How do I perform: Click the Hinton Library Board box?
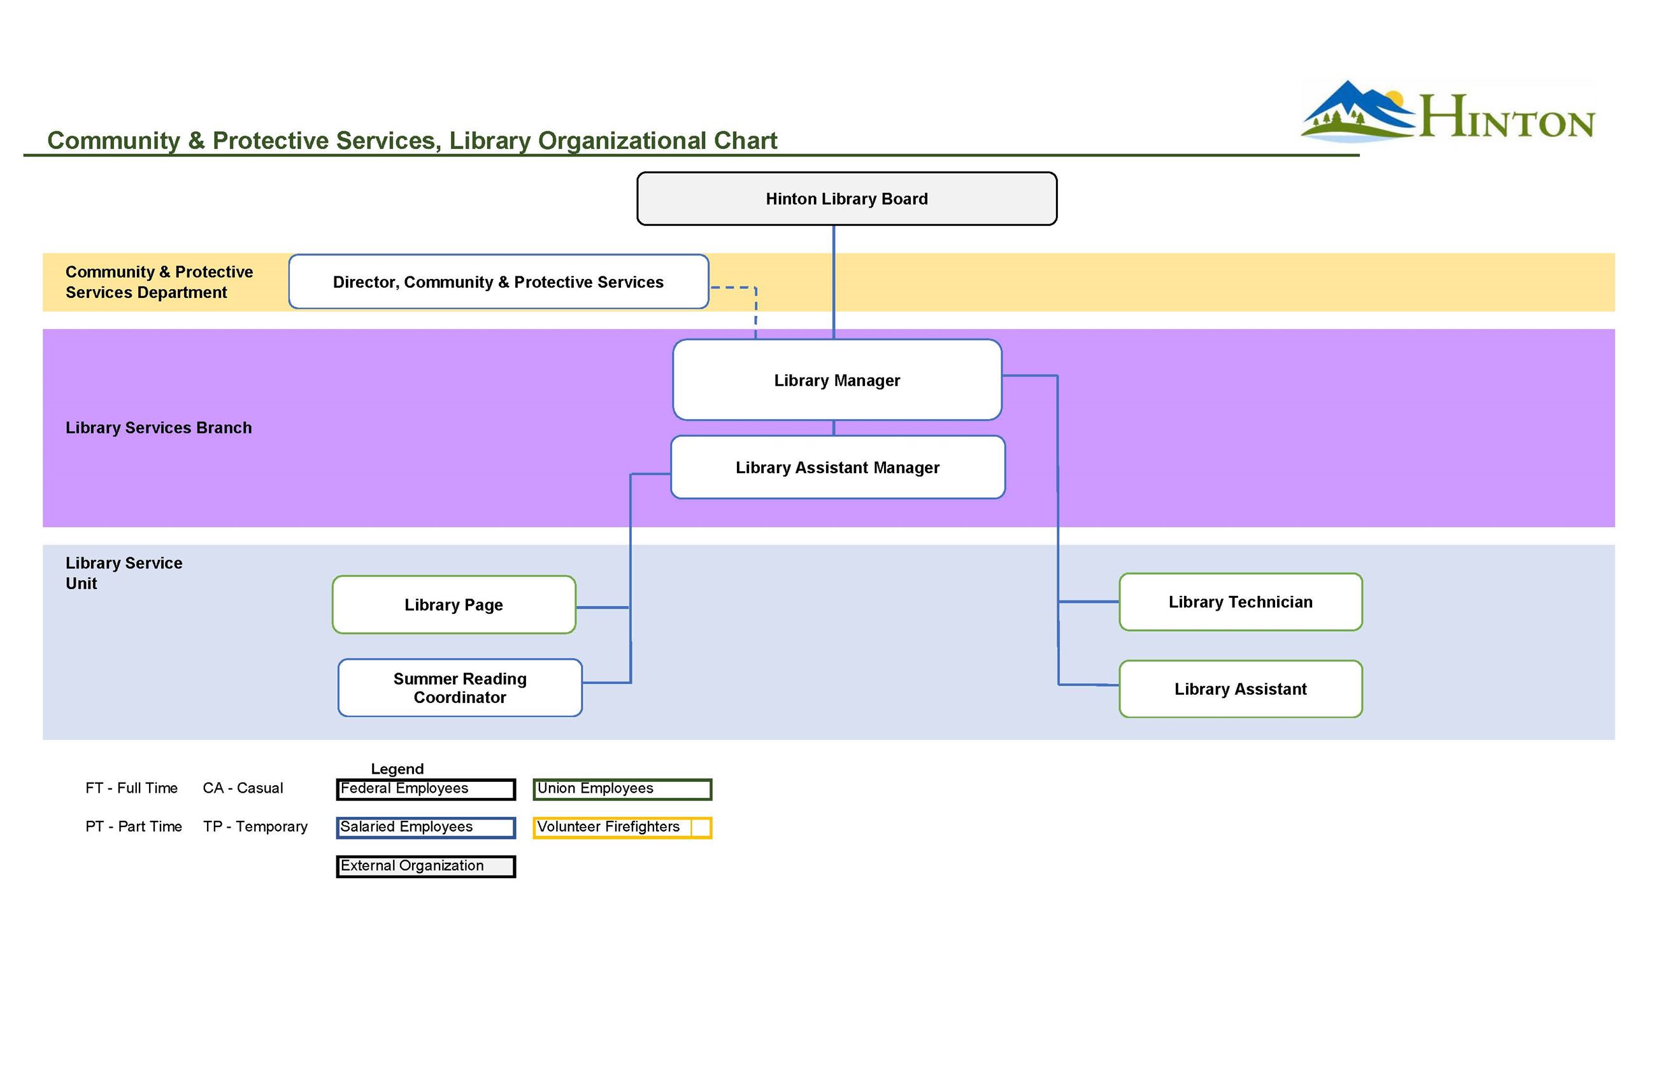(846, 199)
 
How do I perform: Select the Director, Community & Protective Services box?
(498, 281)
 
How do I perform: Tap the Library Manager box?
(837, 379)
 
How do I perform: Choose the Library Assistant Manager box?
(837, 467)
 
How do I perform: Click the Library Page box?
(453, 604)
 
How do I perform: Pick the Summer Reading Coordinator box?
(460, 687)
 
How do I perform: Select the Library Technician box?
(1240, 602)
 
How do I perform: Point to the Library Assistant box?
(1240, 688)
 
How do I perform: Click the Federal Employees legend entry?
(425, 789)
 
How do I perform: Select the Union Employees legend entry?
(622, 789)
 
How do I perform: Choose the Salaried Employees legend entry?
(425, 827)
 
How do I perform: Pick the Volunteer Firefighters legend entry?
(622, 827)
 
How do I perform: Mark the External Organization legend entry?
(425, 866)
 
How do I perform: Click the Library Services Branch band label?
(159, 428)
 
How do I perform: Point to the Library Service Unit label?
(124, 572)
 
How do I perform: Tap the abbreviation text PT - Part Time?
(134, 826)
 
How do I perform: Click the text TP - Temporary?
(255, 826)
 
